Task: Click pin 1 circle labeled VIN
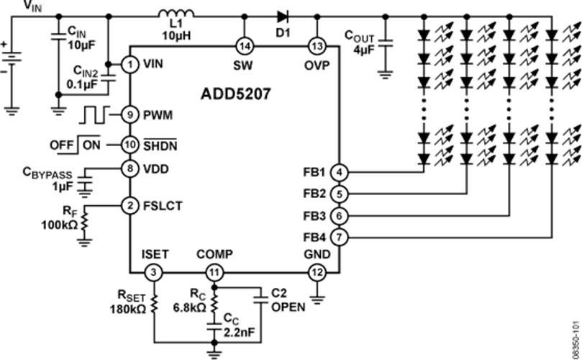tap(129, 64)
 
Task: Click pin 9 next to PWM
tap(129, 114)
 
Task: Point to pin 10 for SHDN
tap(129, 144)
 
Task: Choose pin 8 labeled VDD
tap(129, 168)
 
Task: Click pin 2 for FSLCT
tap(129, 205)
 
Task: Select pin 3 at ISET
tap(153, 272)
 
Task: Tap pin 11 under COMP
tap(214, 272)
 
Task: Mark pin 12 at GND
tap(317, 272)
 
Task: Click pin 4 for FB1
tap(340, 173)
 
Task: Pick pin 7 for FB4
tap(340, 235)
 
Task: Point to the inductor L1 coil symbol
tap(176, 14)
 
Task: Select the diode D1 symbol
tap(281, 14)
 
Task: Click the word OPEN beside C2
tap(288, 306)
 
